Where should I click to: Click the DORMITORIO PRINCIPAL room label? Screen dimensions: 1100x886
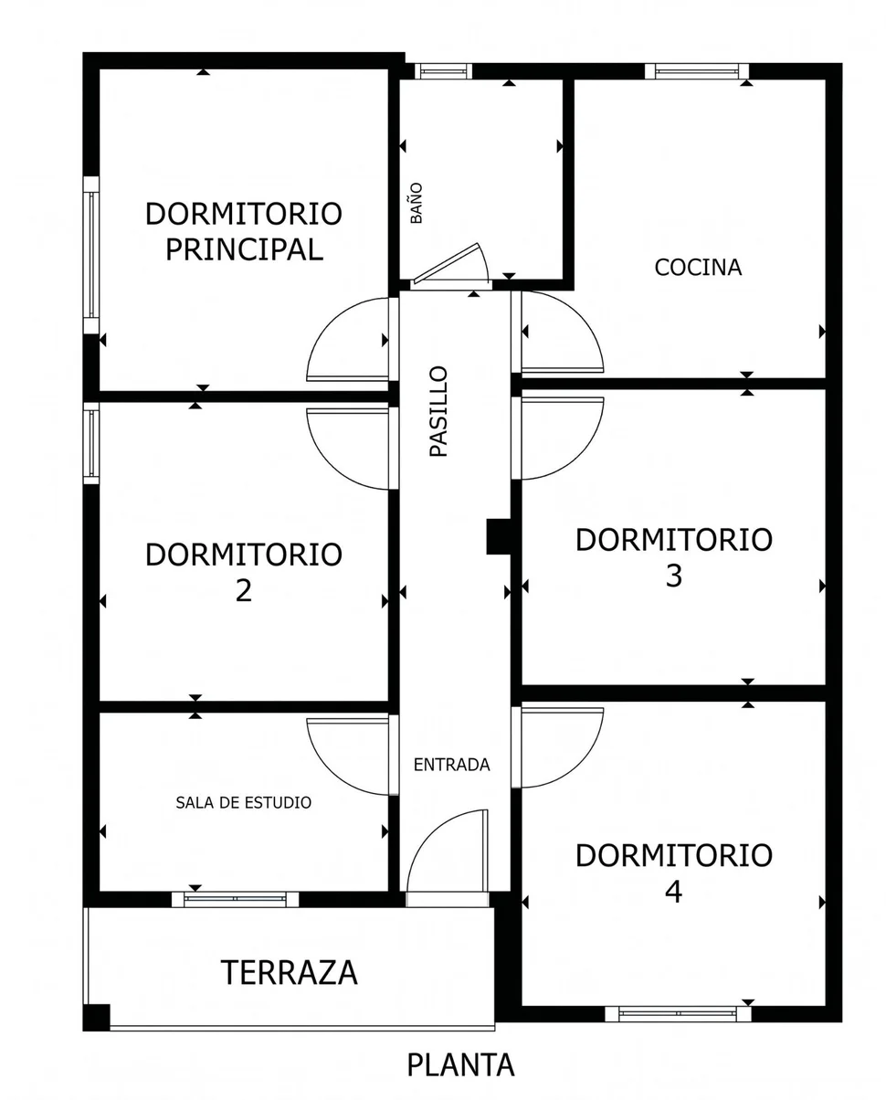pos(244,231)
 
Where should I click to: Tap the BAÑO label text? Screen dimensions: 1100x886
pos(417,204)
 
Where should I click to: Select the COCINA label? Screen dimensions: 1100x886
pos(698,268)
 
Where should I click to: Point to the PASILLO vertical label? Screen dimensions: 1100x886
pos(439,411)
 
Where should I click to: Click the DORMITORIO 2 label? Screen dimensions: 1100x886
pos(244,572)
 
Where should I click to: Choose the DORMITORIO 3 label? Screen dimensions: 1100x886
pos(673,556)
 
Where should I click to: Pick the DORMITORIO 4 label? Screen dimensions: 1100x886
pos(673,873)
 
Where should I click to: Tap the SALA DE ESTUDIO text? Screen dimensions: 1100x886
pos(243,803)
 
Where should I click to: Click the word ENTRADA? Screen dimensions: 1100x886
pos(451,765)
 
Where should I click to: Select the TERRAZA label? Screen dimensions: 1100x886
pos(289,972)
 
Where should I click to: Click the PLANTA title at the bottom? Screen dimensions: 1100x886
pos(460,1064)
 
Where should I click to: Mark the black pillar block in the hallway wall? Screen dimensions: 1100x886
pos(499,536)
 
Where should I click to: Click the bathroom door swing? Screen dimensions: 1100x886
pos(452,268)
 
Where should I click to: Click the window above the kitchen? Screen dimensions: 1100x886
pos(697,71)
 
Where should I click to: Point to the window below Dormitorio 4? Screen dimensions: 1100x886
pos(678,1013)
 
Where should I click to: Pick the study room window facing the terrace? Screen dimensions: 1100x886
pos(236,899)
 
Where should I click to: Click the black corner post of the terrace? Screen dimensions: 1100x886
pos(96,1017)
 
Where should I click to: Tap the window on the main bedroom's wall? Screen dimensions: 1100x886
pos(91,254)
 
